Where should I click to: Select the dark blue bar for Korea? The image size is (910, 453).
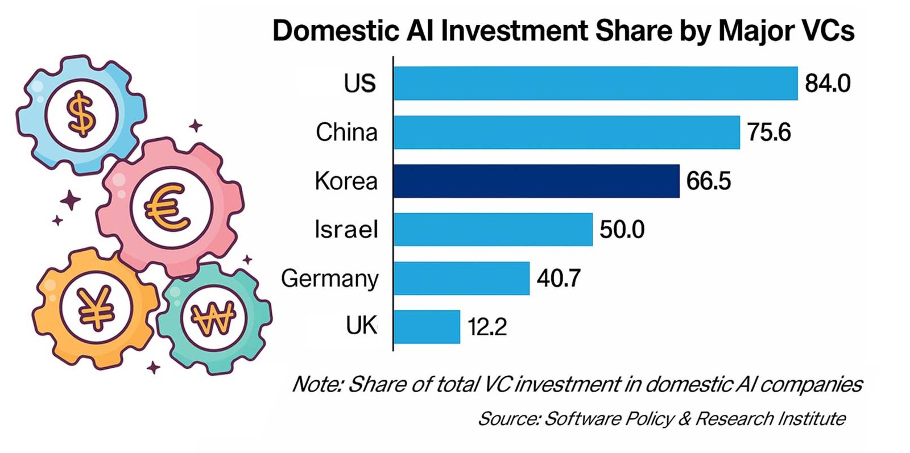click(x=536, y=181)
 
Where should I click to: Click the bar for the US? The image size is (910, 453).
click(x=595, y=84)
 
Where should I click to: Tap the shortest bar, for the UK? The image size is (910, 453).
click(x=427, y=327)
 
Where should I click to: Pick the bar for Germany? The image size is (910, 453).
click(x=461, y=279)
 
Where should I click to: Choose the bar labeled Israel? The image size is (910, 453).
click(x=493, y=230)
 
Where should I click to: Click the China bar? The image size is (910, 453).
click(x=566, y=132)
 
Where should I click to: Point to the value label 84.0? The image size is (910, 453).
click(x=828, y=84)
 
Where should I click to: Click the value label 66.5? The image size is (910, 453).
click(x=708, y=181)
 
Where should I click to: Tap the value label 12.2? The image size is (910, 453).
click(x=487, y=327)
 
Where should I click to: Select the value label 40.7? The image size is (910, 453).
click(x=559, y=279)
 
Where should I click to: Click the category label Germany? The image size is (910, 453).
click(x=329, y=279)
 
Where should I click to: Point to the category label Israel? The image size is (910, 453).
click(x=346, y=230)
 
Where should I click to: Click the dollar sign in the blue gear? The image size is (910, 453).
click(x=81, y=114)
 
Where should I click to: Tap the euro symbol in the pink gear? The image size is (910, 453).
click(x=167, y=208)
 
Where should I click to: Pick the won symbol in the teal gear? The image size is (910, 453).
click(x=213, y=319)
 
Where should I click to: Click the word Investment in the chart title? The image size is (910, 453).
click(x=515, y=31)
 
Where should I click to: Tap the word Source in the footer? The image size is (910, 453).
click(x=508, y=419)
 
